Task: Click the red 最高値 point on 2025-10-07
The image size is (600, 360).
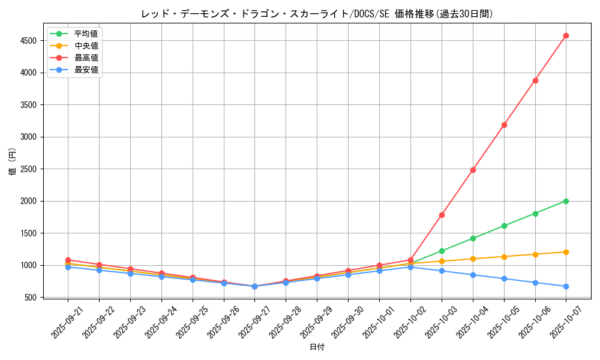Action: pyautogui.click(x=566, y=36)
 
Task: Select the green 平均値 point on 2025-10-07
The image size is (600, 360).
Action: pyautogui.click(x=566, y=201)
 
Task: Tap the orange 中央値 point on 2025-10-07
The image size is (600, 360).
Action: pyautogui.click(x=566, y=252)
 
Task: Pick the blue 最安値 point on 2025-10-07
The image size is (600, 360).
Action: pyautogui.click(x=566, y=286)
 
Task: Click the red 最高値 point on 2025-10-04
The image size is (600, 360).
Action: pyautogui.click(x=473, y=170)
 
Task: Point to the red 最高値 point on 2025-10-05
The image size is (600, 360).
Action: pyautogui.click(x=504, y=125)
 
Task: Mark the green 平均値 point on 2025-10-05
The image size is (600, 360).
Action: pyautogui.click(x=504, y=226)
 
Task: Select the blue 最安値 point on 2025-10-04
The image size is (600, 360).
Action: pyautogui.click(x=473, y=275)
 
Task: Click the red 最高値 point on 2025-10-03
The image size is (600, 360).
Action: pyautogui.click(x=442, y=215)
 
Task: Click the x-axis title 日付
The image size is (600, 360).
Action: pyautogui.click(x=317, y=347)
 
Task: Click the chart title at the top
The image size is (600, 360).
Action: pyautogui.click(x=317, y=14)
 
